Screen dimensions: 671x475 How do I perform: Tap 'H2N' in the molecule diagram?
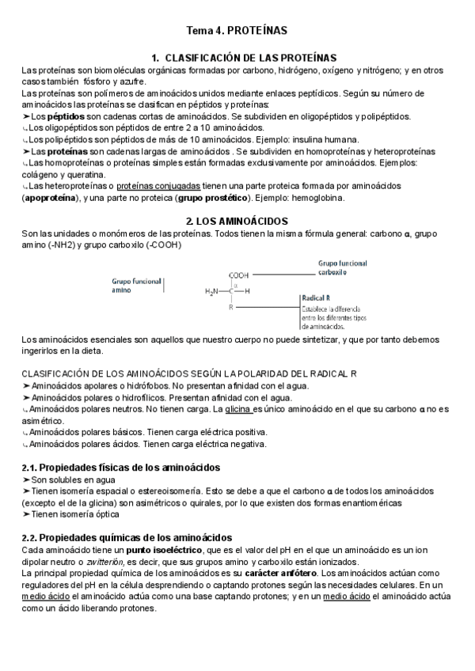coord(211,291)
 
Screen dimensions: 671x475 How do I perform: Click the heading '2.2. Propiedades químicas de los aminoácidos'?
coord(127,537)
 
